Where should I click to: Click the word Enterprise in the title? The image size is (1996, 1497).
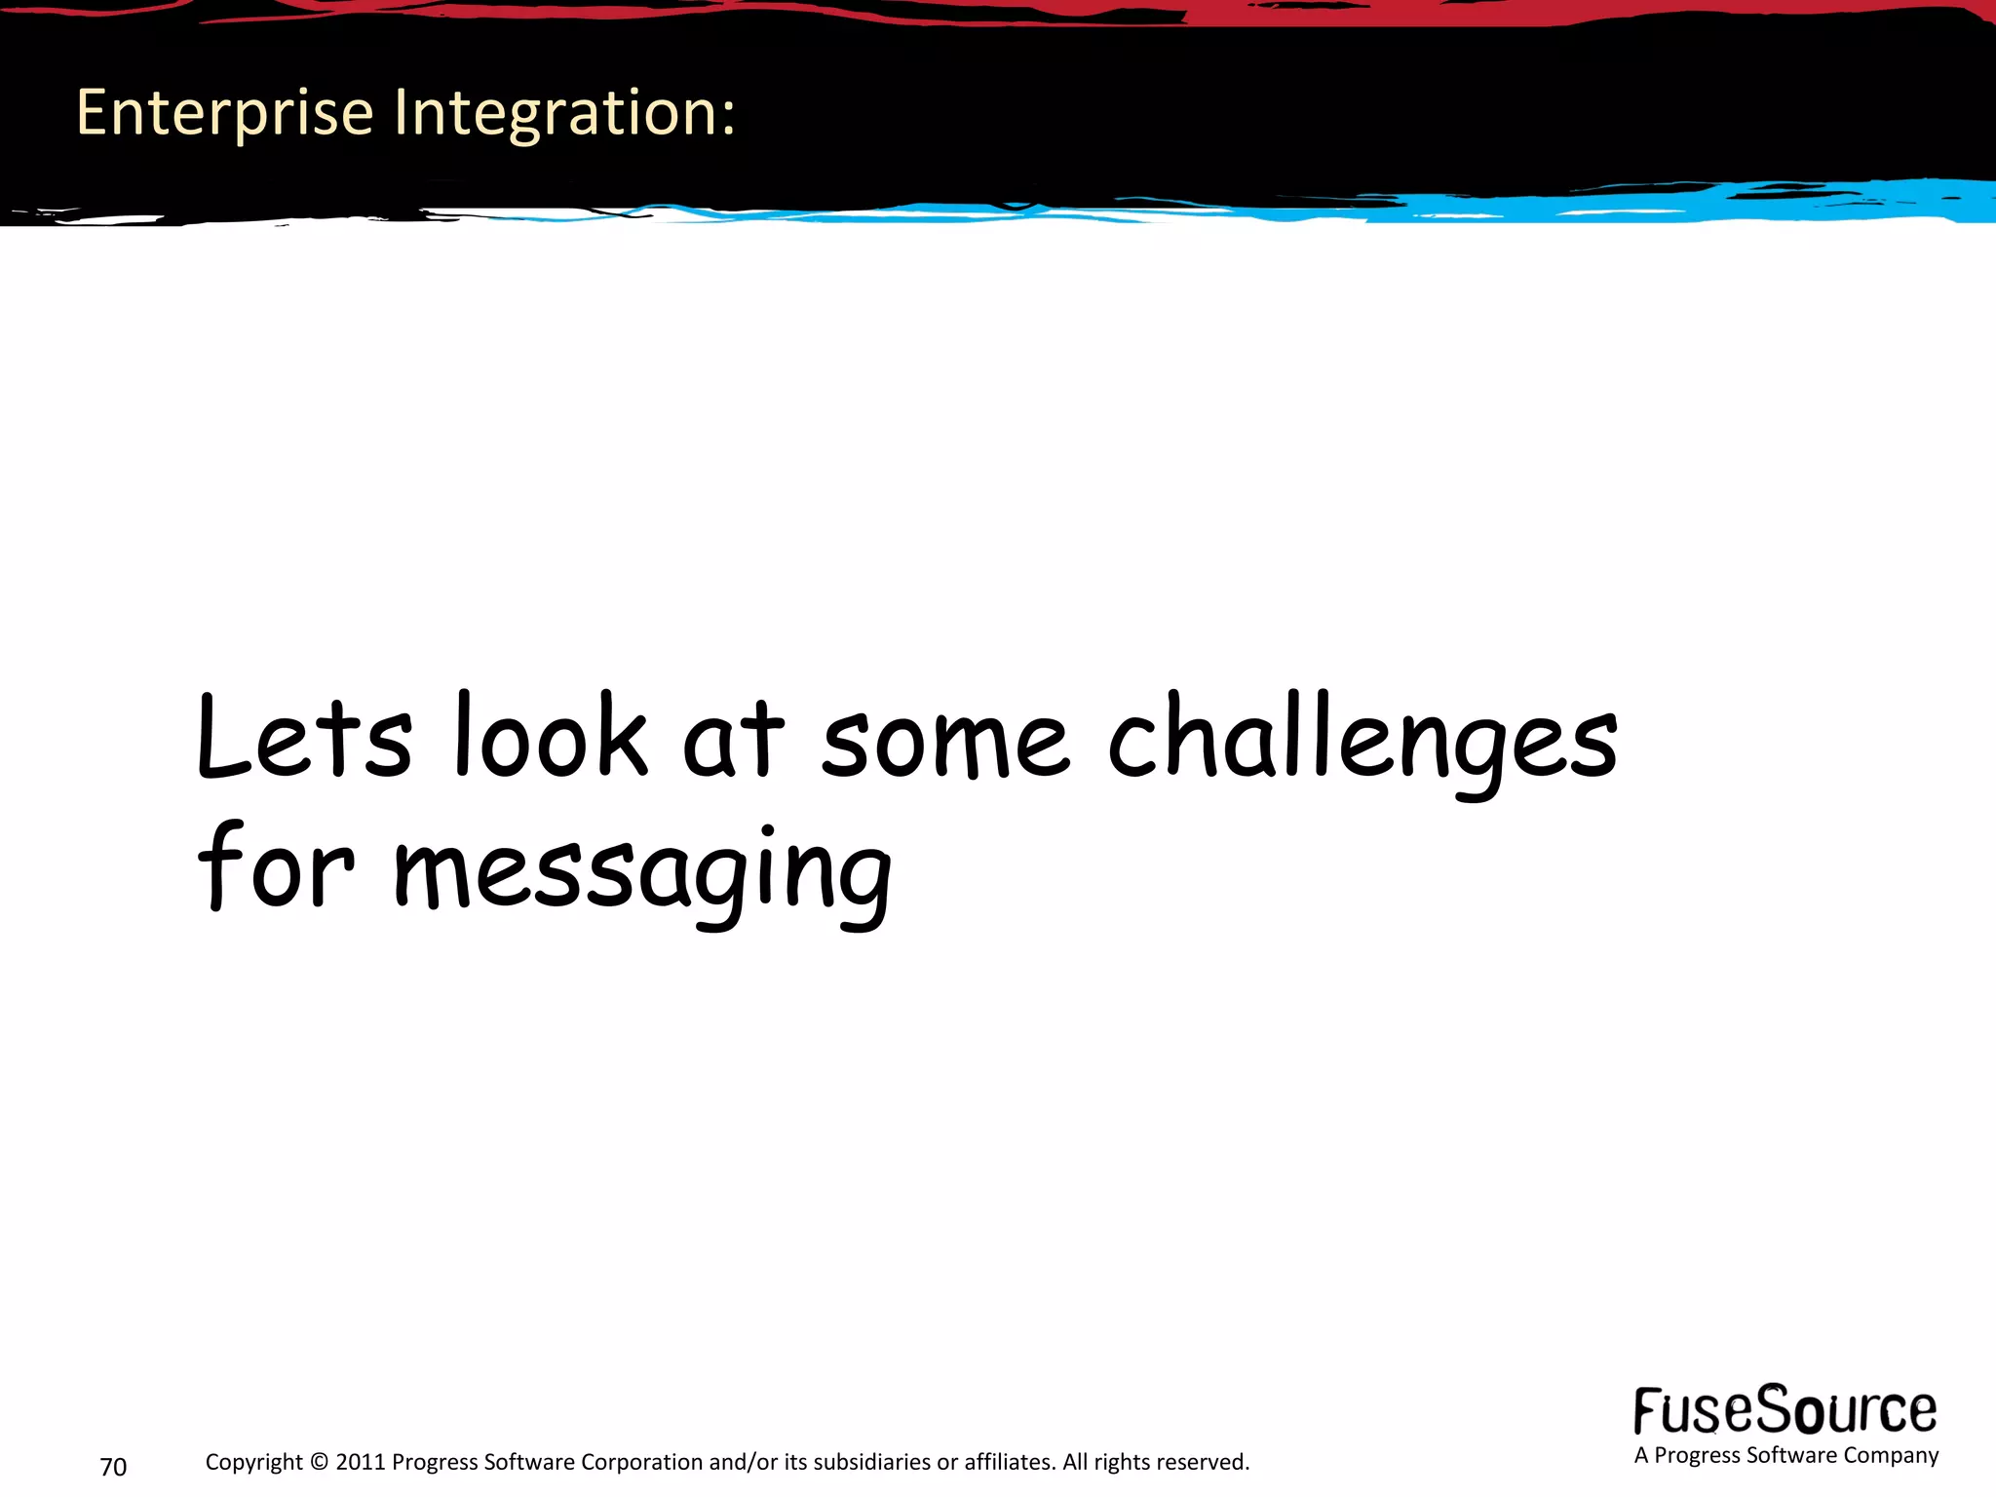(224, 113)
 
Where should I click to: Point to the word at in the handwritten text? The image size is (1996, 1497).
(733, 741)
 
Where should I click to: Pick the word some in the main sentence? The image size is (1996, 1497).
(944, 743)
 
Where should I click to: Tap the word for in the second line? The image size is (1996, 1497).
(276, 867)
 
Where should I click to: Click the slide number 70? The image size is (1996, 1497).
(113, 1467)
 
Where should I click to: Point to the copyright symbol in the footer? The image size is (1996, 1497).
(319, 1462)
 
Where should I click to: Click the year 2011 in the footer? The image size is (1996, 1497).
(361, 1462)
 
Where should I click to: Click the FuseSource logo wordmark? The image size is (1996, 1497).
(1785, 1410)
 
